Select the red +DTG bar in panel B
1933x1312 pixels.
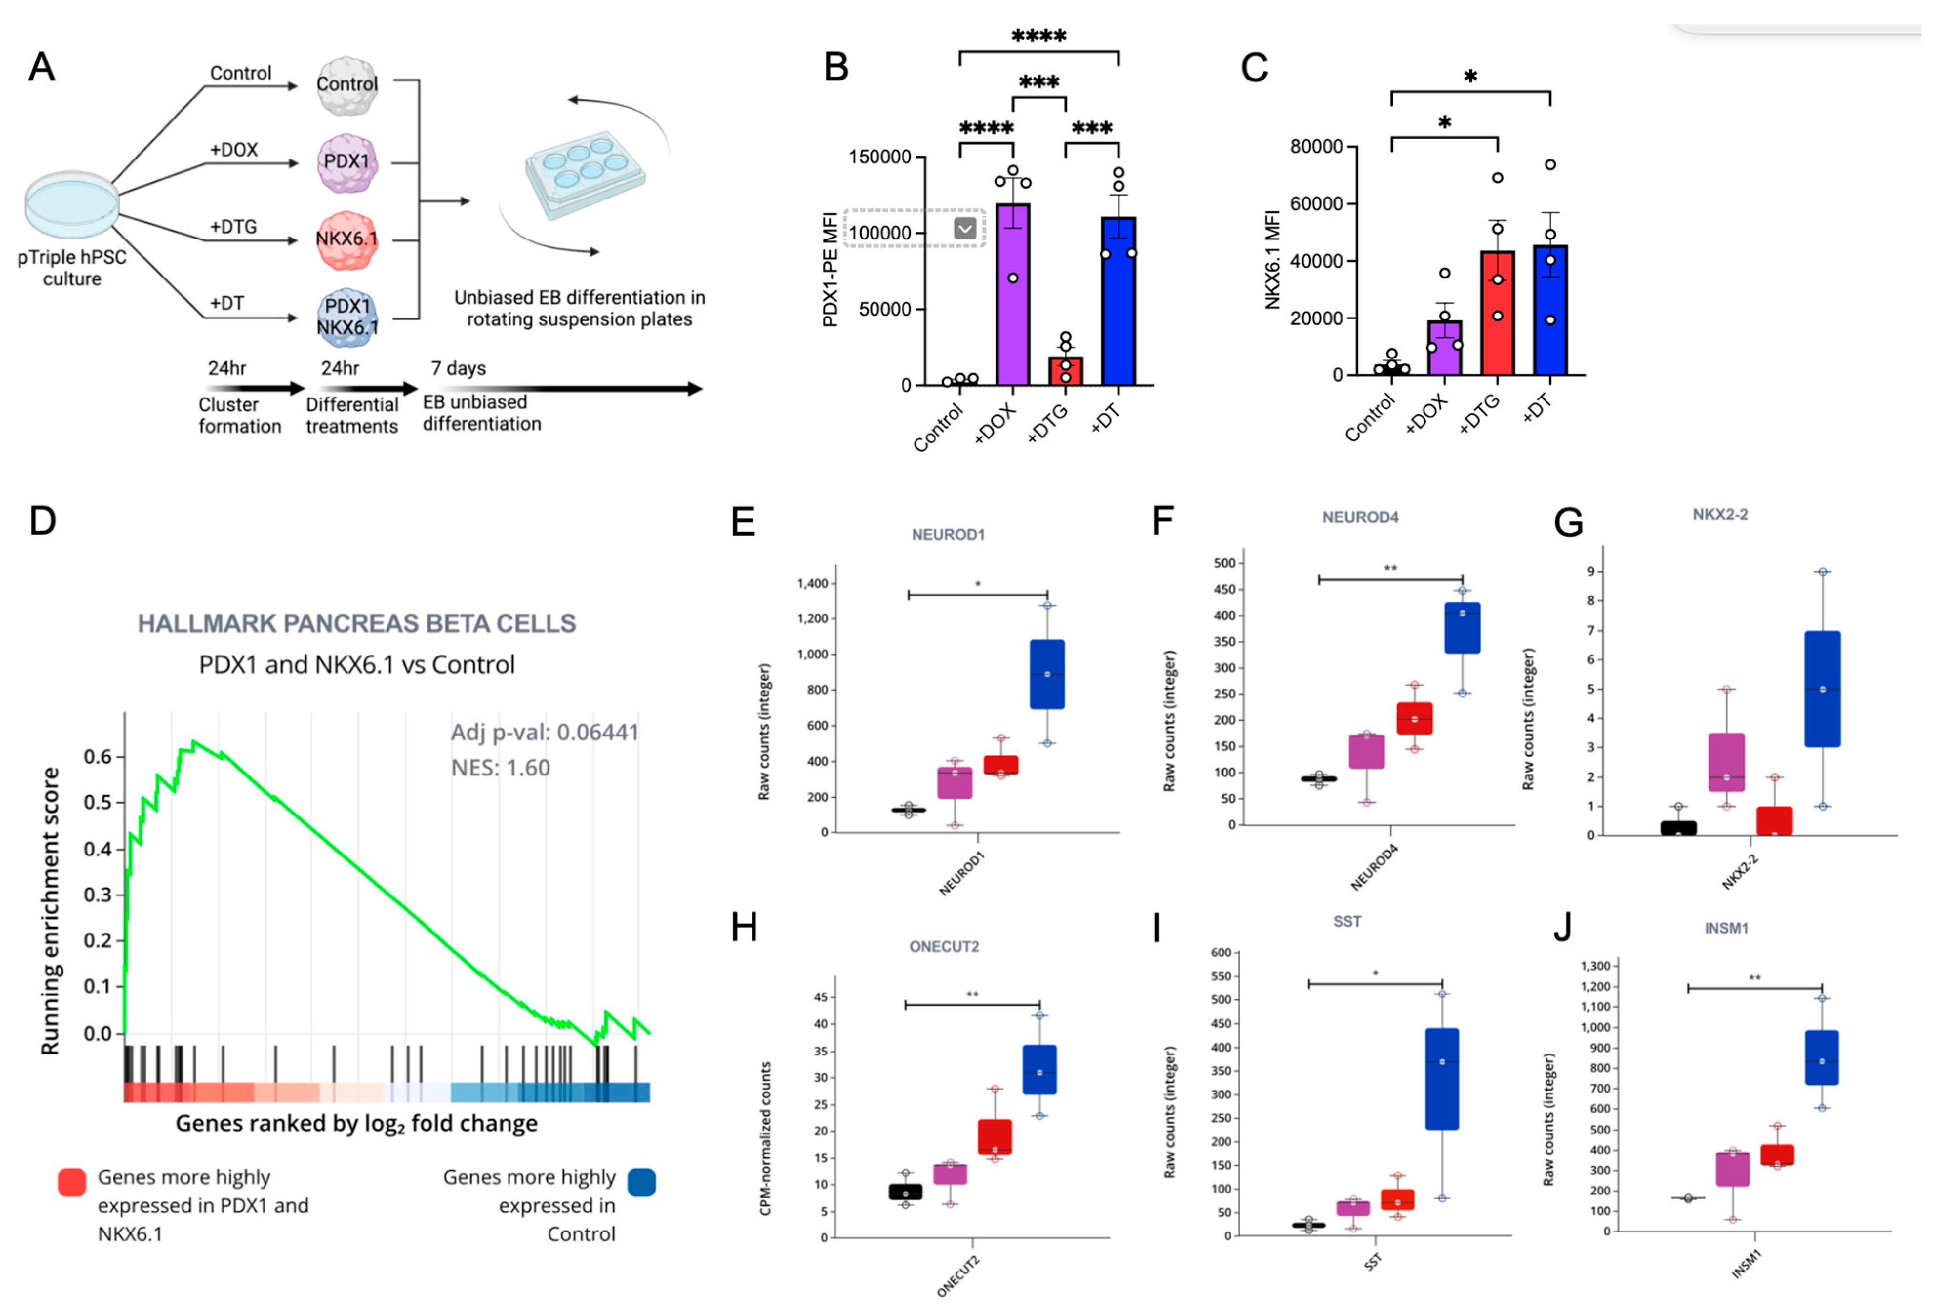point(1065,371)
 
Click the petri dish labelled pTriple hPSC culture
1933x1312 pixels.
point(72,204)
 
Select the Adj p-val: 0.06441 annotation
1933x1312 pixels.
point(544,733)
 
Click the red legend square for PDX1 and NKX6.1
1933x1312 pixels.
point(72,1181)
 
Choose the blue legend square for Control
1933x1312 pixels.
point(641,1181)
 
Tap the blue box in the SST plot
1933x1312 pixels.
point(1442,1078)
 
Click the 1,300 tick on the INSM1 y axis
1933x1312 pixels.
point(1595,966)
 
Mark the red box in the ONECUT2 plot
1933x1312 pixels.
point(995,1136)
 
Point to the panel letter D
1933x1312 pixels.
point(42,521)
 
